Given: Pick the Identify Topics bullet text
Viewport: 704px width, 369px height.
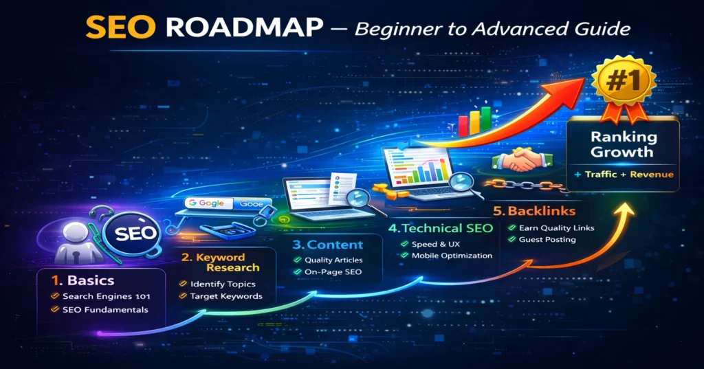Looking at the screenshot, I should coord(223,284).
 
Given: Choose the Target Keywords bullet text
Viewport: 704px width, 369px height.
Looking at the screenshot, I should coord(225,296).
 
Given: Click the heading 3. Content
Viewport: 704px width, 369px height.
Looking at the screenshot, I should coord(327,245).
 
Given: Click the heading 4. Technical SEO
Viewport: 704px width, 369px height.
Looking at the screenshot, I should coord(440,228).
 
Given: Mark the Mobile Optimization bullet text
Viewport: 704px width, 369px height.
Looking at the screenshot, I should coord(452,256).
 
